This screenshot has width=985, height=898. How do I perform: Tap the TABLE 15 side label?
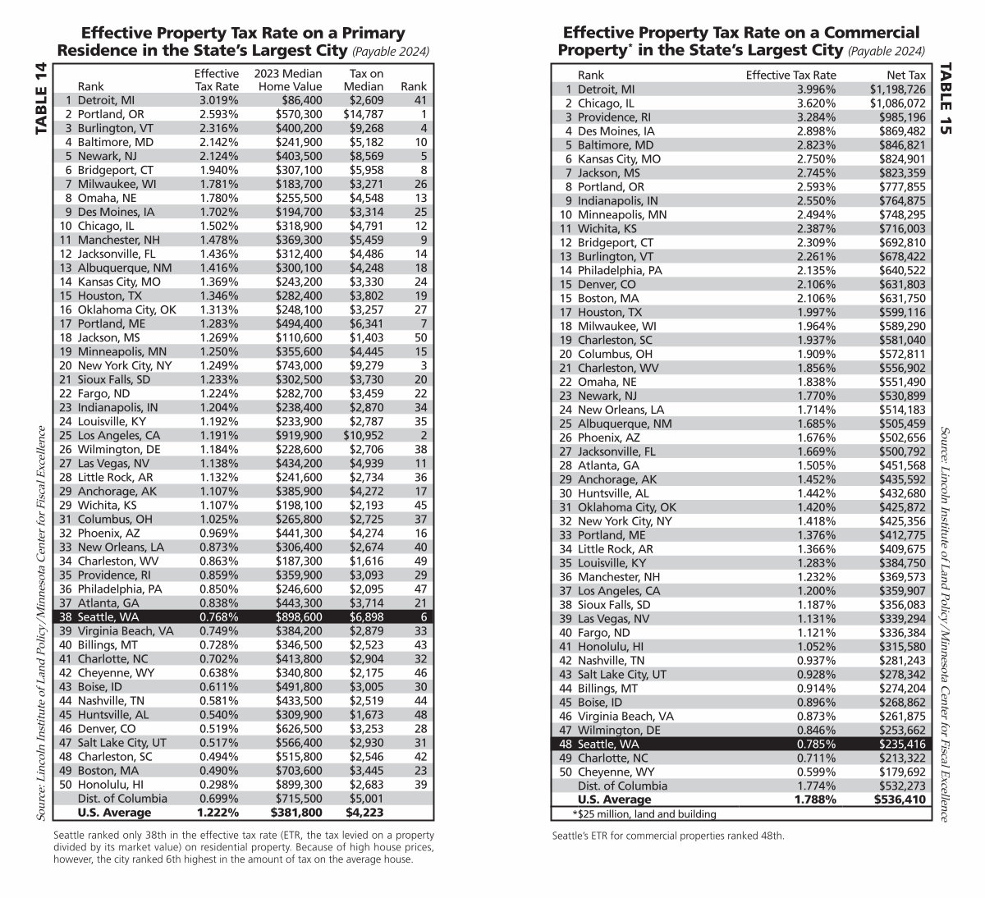click(946, 97)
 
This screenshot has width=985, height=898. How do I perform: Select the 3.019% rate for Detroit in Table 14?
click(217, 99)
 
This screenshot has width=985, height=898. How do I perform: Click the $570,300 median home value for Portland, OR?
click(295, 113)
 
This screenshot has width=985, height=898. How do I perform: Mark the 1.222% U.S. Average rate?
click(217, 813)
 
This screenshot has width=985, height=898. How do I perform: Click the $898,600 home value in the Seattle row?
click(295, 616)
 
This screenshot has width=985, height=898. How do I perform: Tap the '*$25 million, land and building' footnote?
click(644, 813)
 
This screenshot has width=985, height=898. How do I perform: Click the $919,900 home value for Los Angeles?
click(295, 435)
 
